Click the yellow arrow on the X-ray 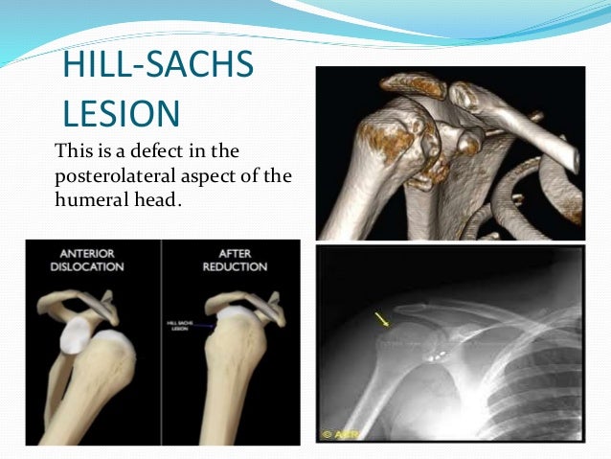(382, 320)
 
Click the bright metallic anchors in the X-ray (436, 353)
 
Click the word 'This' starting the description (73, 151)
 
